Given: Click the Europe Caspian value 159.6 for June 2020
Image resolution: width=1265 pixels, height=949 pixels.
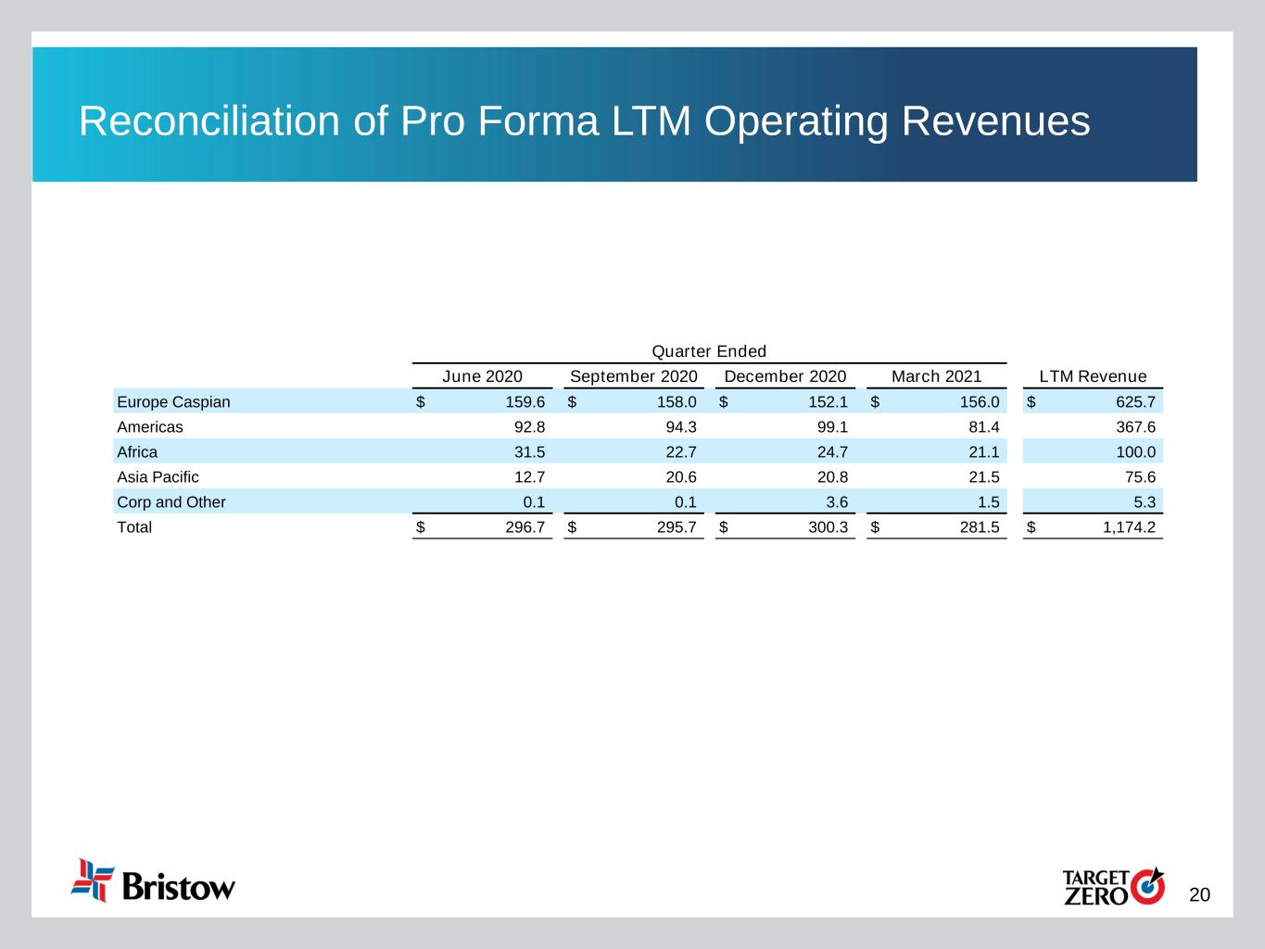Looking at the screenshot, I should point(525,402).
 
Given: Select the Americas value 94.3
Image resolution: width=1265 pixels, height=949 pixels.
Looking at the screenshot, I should point(681,427).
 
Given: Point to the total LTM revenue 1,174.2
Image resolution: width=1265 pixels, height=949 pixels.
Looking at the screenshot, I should point(1129,527).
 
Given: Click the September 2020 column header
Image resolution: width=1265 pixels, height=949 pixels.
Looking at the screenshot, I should point(633,376).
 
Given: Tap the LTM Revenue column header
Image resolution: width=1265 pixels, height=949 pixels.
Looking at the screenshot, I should point(1093,376).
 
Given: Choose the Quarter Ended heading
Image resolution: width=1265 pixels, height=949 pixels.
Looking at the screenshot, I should point(709,351).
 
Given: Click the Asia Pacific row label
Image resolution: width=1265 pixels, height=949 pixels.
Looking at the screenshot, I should point(158,477).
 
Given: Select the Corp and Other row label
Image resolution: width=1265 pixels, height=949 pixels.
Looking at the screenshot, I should point(171,502).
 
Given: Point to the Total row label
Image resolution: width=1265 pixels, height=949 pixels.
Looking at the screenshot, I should point(134,527).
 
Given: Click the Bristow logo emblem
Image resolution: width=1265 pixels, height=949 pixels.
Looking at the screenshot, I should point(93,879).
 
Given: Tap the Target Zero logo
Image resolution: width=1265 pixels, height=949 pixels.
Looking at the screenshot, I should point(1112,886).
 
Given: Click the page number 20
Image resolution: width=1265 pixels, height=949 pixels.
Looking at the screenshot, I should point(1199,894).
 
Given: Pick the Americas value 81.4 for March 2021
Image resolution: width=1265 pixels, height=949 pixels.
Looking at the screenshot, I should point(983,427).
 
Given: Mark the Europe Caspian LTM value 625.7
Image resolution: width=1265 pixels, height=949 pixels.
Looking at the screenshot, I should point(1136,402).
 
